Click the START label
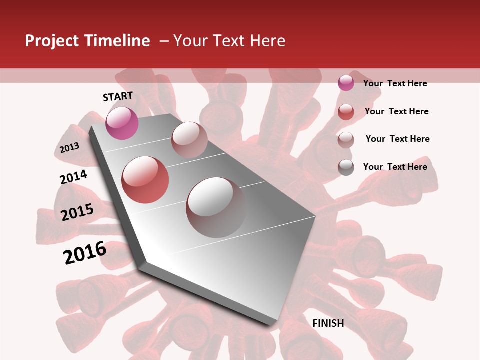pyautogui.click(x=118, y=96)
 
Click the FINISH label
pyautogui.click(x=328, y=323)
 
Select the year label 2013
pyautogui.click(x=69, y=148)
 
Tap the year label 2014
pyautogui.click(x=73, y=177)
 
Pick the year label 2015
pyautogui.click(x=77, y=212)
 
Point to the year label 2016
pyautogui.click(x=85, y=253)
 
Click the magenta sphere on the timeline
pyautogui.click(x=122, y=123)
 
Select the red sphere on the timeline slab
pyautogui.click(x=145, y=180)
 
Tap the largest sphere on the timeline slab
pyautogui.click(x=216, y=207)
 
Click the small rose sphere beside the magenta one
pyautogui.click(x=189, y=140)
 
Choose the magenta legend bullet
pyautogui.click(x=346, y=83)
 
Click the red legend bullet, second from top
pyautogui.click(x=346, y=112)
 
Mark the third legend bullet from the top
pyautogui.click(x=346, y=140)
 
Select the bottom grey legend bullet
pyautogui.click(x=346, y=168)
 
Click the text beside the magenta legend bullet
pyautogui.click(x=395, y=83)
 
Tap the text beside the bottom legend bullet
pyautogui.click(x=395, y=167)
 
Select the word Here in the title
pyautogui.click(x=268, y=41)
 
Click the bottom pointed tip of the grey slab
pyautogui.click(x=270, y=325)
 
